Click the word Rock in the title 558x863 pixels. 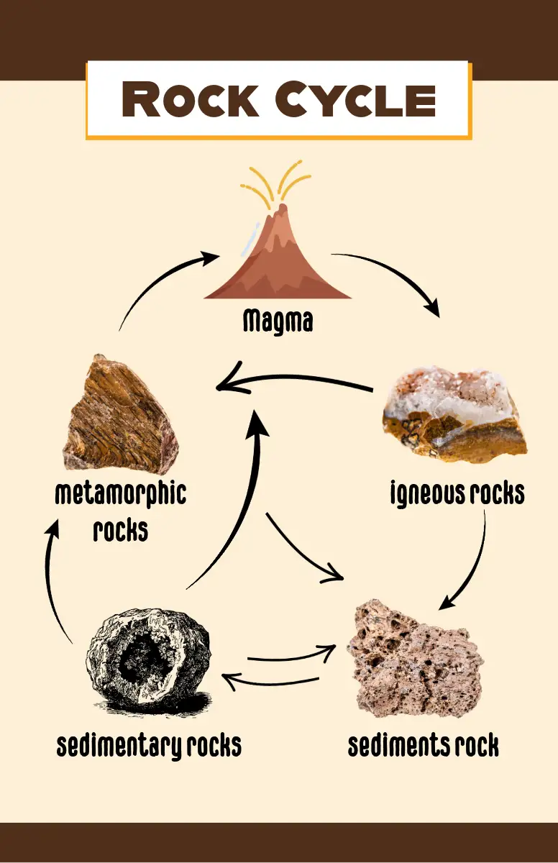coord(190,100)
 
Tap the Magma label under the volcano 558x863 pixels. coord(278,321)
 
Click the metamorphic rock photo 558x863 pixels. coord(119,414)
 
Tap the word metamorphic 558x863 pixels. coord(120,495)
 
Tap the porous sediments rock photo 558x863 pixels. coord(414,658)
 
